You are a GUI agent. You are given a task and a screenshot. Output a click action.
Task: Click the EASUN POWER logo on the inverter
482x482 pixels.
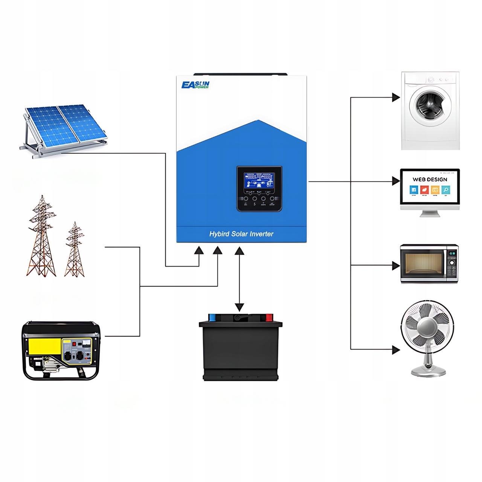[195, 85]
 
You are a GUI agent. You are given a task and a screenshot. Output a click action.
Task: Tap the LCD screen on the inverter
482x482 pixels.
[259, 181]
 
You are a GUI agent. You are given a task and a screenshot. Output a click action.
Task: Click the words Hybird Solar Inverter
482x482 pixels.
[241, 234]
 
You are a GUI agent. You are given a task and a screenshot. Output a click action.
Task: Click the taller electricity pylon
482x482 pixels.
[41, 237]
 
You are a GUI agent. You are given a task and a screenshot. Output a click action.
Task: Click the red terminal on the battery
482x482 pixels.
[269, 317]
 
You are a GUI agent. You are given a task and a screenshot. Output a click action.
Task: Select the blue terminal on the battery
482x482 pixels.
[212, 317]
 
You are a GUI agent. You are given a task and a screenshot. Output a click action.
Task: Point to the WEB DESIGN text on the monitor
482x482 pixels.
[430, 180]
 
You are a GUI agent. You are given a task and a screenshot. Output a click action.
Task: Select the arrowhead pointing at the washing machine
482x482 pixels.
[396, 98]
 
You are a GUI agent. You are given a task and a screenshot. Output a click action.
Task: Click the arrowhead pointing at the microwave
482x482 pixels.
[396, 265]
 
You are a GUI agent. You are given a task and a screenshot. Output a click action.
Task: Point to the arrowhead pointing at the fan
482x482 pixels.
[396, 350]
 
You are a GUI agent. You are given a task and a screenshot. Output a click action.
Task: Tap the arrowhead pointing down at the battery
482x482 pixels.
[239, 307]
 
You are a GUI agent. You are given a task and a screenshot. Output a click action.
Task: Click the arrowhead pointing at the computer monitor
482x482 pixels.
[396, 181]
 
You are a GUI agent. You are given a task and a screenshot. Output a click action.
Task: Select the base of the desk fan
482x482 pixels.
[428, 373]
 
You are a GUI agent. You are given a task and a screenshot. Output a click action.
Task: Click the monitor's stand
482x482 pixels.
[430, 213]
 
